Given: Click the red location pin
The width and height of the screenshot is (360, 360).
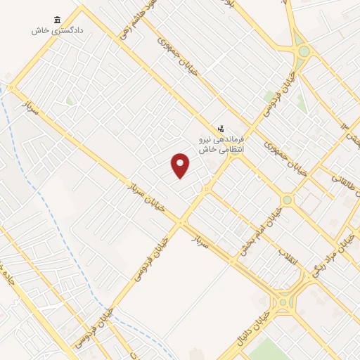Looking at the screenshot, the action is tap(181, 165).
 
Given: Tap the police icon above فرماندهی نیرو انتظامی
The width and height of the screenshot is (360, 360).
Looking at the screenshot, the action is tap(221, 129).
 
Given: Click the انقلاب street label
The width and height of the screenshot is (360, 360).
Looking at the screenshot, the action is tap(288, 257).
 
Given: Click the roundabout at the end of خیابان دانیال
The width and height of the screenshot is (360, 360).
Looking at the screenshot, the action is tap(283, 302).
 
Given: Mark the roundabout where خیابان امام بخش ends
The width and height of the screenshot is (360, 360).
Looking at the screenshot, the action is tap(287, 200).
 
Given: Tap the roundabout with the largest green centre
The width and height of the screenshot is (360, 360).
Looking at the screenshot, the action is tap(304, 51).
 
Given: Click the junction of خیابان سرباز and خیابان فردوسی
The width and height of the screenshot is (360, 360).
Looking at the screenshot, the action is tap(182, 224).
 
